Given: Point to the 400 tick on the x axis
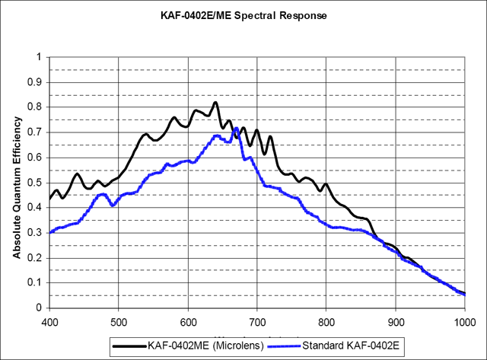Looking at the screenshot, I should coord(49,320).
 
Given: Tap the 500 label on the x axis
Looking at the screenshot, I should coord(119,320).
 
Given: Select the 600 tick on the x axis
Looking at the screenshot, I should coord(188,320).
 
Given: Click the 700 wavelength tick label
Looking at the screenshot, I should coord(257,320).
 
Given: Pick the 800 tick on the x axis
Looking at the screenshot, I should coord(326,320).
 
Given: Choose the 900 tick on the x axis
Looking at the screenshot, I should coord(396,320).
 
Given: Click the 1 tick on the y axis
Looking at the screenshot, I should coord(40,57).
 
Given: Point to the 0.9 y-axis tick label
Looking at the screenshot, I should coord(36,82).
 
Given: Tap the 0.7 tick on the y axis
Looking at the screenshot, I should coord(36,132).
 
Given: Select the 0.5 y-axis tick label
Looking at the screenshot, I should coord(36,183).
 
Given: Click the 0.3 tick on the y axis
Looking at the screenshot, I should coord(36,233).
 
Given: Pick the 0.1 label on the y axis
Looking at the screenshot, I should coord(36,283).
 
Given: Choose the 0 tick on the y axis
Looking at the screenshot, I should coord(40,308).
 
